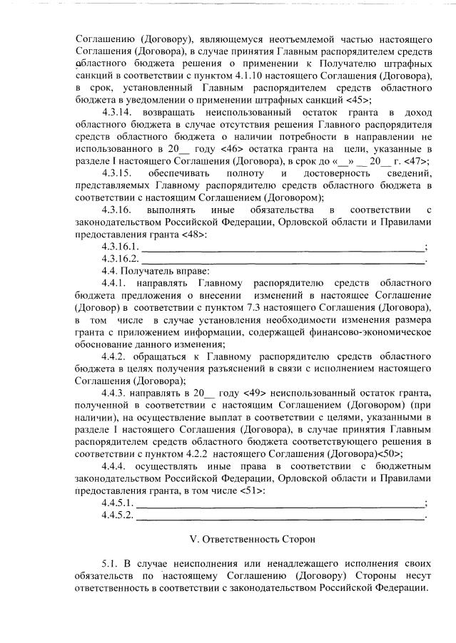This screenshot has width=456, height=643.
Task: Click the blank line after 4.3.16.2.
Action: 283,259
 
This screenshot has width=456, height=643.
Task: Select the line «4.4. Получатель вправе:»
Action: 156,272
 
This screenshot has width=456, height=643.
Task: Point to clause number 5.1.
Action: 108,564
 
